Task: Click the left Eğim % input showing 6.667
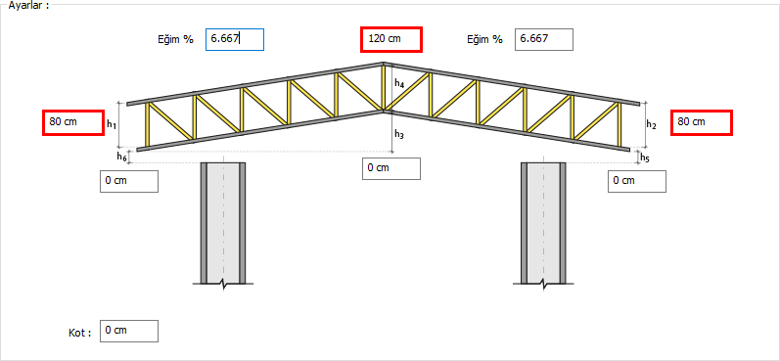click(x=235, y=40)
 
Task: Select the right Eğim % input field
click(x=544, y=40)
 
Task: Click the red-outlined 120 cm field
click(x=391, y=39)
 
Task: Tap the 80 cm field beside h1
click(x=73, y=122)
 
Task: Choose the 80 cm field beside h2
click(x=702, y=122)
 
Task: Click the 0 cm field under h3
click(x=391, y=168)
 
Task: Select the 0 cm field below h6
click(x=129, y=181)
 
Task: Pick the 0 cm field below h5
click(x=637, y=181)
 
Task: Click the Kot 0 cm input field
click(x=129, y=332)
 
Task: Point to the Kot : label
click(x=80, y=333)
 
